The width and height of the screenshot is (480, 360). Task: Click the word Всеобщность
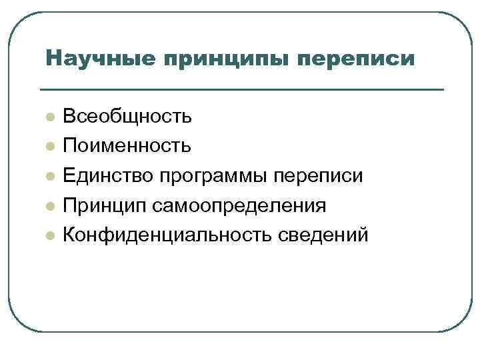click(x=127, y=117)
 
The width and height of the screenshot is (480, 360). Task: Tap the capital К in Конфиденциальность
click(x=69, y=235)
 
